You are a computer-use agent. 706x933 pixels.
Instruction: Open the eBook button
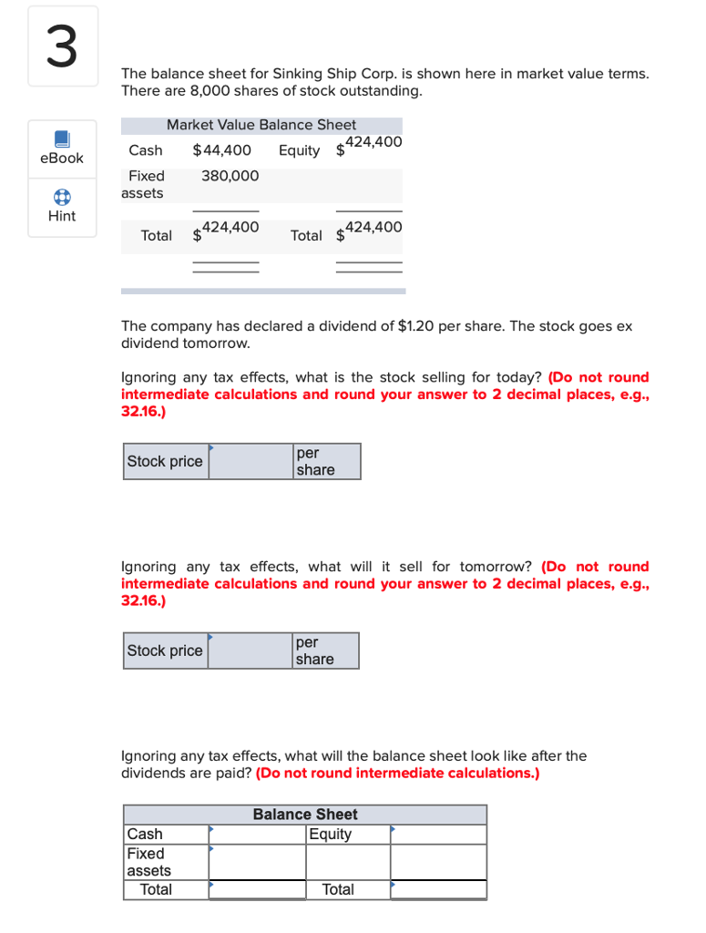(x=62, y=148)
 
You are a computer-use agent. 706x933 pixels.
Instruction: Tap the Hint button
(x=62, y=207)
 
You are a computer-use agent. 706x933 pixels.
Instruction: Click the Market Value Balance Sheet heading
(x=261, y=125)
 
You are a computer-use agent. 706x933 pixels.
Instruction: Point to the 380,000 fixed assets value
(x=230, y=176)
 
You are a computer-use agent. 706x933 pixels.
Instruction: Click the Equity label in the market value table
(x=299, y=150)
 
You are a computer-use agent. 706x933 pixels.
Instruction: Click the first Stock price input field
(x=251, y=462)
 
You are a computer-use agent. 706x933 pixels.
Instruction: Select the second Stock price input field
(x=251, y=651)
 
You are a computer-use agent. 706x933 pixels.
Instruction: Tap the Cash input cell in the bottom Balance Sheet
(x=257, y=835)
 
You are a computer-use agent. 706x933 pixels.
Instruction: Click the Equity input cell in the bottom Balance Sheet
(x=438, y=835)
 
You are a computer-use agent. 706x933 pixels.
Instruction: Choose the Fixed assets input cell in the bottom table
(x=257, y=862)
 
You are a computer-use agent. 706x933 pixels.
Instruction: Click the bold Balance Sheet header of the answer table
(x=305, y=815)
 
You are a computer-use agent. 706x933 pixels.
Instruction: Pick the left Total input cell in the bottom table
(x=257, y=889)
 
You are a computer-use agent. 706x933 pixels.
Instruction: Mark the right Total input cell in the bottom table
(x=438, y=889)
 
